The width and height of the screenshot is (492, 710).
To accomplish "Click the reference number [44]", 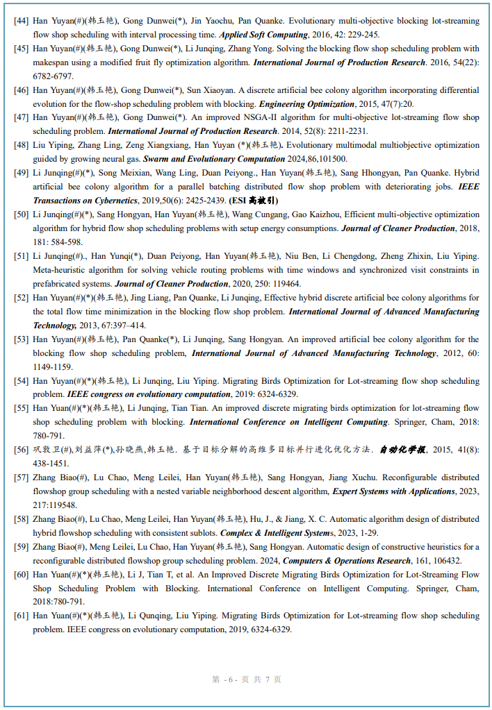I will (x=21, y=21).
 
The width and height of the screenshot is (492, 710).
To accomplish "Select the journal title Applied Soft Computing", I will (x=263, y=35).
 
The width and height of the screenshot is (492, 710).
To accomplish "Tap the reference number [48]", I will (x=21, y=145).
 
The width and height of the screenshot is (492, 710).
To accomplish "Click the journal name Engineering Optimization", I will (x=306, y=104).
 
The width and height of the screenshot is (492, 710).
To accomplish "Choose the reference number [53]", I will (x=21, y=339).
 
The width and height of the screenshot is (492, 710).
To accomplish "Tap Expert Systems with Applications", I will (x=393, y=491).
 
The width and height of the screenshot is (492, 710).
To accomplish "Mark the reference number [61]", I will (x=21, y=616).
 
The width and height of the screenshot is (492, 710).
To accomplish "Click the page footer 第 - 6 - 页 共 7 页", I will (x=247, y=679).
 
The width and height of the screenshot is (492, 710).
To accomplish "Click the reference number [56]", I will (x=21, y=450).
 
